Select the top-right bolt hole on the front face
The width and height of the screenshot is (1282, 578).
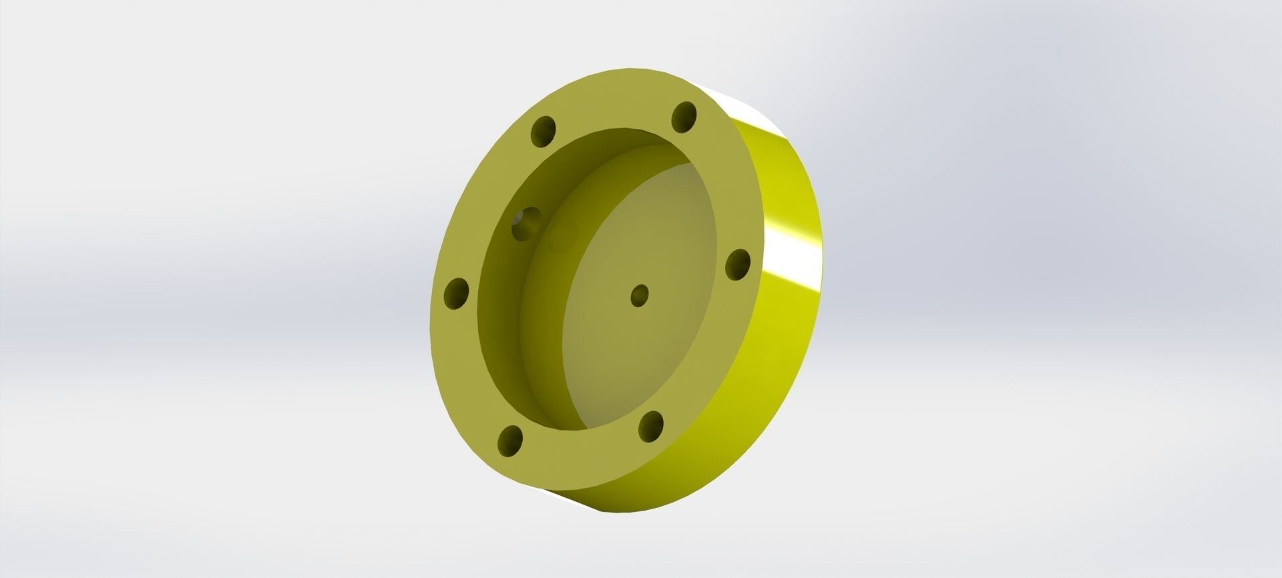click(684, 117)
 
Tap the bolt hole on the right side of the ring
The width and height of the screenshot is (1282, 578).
click(738, 265)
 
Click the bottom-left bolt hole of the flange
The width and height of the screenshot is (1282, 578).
click(511, 441)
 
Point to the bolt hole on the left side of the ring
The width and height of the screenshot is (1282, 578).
click(457, 294)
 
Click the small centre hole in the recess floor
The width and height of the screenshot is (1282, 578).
click(640, 295)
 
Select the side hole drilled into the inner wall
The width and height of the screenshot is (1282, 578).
click(525, 224)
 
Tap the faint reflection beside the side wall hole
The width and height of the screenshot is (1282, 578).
click(562, 235)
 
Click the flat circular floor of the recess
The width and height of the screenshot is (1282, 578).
click(641, 347)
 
